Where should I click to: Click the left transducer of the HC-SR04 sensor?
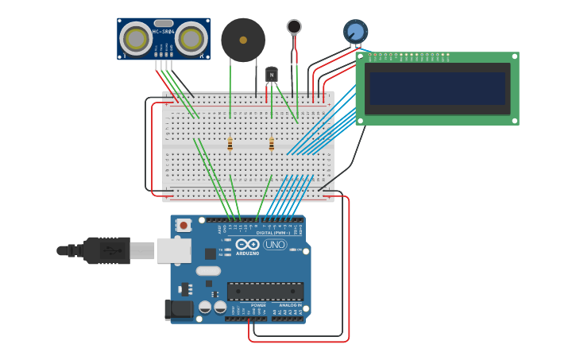tap(136, 38)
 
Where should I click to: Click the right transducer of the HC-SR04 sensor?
tap(191, 38)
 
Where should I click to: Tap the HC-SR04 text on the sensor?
tap(163, 32)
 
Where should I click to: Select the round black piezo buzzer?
tap(243, 40)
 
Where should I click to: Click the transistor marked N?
tap(272, 75)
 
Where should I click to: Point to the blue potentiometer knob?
tap(355, 32)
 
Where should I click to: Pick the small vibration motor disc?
tap(294, 26)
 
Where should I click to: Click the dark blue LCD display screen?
tap(437, 88)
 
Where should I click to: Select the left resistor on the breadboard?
tap(230, 144)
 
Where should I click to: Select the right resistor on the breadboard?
tap(271, 144)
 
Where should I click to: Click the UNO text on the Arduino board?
tap(275, 245)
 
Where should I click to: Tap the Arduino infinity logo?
tap(247, 245)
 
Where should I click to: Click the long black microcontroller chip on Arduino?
tap(265, 291)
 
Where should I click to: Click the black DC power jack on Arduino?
tap(178, 309)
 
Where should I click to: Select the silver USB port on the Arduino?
tap(173, 250)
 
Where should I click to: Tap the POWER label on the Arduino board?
tap(258, 305)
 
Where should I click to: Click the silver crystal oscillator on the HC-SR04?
tap(164, 24)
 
